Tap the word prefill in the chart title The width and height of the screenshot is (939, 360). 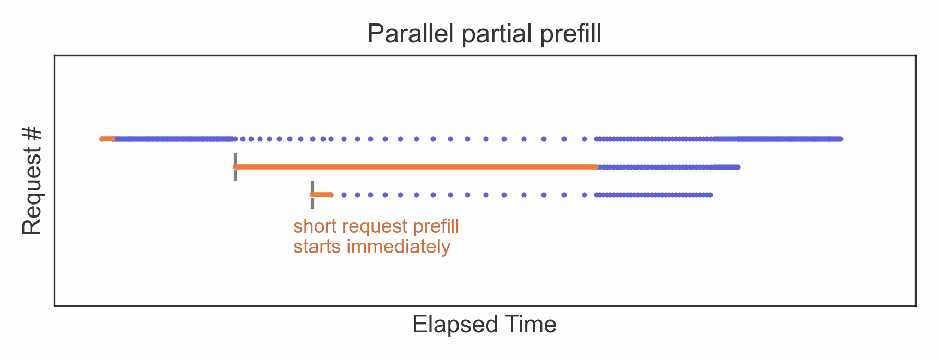pos(571,34)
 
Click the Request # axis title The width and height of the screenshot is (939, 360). pos(32,181)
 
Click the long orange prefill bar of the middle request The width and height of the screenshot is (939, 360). pos(416,167)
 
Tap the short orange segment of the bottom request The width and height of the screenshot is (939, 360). pos(321,195)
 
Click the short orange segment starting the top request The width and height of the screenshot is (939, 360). pos(107,139)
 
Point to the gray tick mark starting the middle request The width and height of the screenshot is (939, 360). pos(235,166)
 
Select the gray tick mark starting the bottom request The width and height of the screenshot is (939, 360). pos(312,195)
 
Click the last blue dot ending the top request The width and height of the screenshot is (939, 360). pos(840,139)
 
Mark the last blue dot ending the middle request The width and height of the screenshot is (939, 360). pos(738,167)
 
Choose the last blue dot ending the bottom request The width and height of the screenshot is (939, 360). pos(710,195)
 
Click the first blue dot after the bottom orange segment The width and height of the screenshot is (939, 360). pos(344,195)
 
